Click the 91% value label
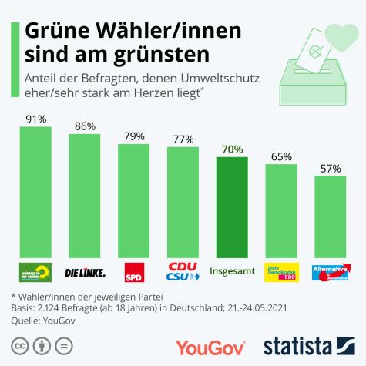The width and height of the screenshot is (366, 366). click(35, 119)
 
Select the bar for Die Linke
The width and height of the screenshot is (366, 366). click(85, 196)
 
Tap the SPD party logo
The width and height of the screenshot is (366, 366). click(134, 271)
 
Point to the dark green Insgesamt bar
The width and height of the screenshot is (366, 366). click(232, 207)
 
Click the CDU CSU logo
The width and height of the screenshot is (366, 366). click(183, 271)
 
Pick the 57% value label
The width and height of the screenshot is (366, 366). click(331, 169)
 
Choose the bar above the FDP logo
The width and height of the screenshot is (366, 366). click(281, 210)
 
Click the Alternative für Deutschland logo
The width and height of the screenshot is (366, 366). click(331, 271)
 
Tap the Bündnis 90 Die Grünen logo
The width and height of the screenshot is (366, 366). click(35, 271)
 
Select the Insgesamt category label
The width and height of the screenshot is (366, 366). click(232, 271)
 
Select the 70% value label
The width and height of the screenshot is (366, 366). click(232, 149)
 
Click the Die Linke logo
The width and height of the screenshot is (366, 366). click(85, 272)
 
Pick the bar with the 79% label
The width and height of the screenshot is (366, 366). click(134, 200)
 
